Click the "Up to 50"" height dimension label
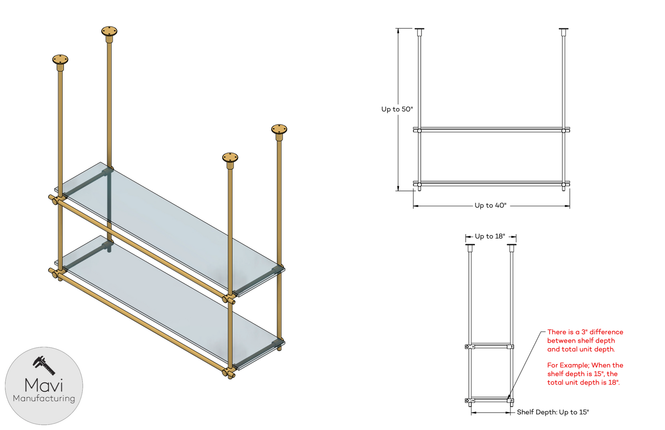click(397, 109)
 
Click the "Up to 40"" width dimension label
click(491, 206)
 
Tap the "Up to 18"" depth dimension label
click(490, 236)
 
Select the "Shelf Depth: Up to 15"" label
click(553, 412)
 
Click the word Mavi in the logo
click(44, 385)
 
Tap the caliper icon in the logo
click(44, 366)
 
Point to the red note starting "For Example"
click(585, 374)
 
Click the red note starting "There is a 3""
click(585, 341)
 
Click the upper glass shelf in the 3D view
click(169, 229)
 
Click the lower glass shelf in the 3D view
click(169, 303)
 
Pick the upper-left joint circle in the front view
click(419, 131)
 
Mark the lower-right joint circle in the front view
click(563, 185)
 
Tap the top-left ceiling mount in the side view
click(470, 248)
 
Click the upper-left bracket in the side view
click(469, 347)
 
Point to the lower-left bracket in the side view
click(469, 401)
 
